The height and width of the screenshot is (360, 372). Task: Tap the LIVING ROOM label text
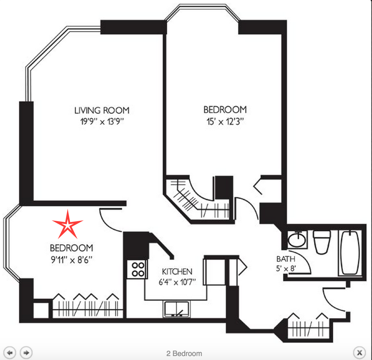102,111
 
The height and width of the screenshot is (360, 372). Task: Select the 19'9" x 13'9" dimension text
102,122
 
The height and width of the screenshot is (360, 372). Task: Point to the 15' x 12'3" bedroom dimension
225,122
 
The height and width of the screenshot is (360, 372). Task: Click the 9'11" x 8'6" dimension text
71,260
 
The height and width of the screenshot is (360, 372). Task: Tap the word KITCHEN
177,272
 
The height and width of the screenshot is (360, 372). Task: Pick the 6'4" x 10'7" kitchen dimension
177,282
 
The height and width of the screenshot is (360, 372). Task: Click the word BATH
286,259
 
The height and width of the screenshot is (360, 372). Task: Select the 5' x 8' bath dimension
286,269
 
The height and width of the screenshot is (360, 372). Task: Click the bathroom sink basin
297,239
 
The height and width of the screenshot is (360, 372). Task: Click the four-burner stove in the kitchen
137,269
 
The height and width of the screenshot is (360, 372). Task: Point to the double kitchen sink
176,309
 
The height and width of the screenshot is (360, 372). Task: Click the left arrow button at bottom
10,352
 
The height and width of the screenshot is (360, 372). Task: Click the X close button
360,352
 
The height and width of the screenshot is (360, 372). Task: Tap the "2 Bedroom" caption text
184,354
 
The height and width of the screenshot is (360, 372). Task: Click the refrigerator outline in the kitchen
214,272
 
